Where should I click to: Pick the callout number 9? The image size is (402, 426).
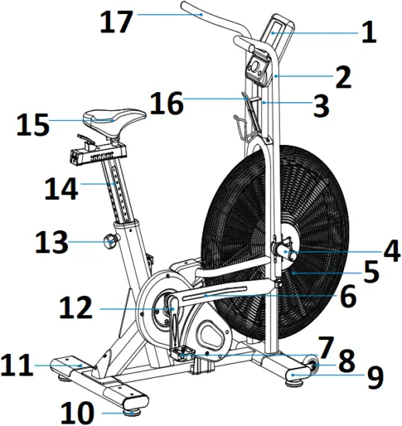[x=375, y=377]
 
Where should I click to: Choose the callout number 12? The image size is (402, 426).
[x=79, y=310]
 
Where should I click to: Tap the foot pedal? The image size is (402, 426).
[x=184, y=355]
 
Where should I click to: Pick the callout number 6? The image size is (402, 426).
[x=347, y=295]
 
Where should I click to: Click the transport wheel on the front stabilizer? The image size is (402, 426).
[x=312, y=366]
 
